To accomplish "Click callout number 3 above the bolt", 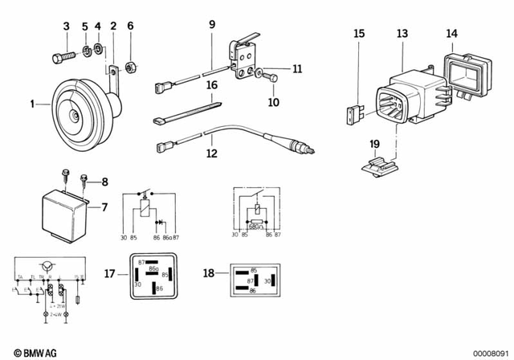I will click(67, 28).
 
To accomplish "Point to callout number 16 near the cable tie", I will click(212, 84).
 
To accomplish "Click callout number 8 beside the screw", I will click(104, 182).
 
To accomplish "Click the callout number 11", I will click(297, 70).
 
